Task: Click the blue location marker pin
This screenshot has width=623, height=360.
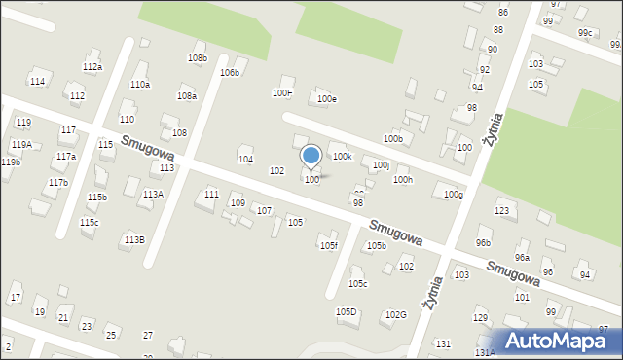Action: pos(311,156)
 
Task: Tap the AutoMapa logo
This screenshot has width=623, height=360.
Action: pos(559,341)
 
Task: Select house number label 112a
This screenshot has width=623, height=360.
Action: pos(92,67)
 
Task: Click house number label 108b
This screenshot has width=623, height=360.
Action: pos(198,58)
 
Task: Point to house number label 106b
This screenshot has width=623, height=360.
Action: pos(230,73)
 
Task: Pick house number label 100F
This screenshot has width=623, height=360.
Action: pos(282,93)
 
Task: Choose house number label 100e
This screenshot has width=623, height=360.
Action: pos(327,99)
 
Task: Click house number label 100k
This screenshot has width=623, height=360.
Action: pos(342,156)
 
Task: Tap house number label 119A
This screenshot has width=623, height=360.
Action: pos(21,144)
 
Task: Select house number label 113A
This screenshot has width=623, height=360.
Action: pos(153,195)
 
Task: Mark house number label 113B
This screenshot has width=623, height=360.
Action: pos(134,239)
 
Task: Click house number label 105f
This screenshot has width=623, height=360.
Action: pos(329,246)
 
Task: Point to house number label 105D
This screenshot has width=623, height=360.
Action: pos(347,312)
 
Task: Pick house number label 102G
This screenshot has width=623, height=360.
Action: pos(395,315)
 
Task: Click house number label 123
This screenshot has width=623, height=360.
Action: pos(502,211)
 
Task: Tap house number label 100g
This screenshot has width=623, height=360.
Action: pos(453,195)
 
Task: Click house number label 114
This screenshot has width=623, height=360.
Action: pos(37,81)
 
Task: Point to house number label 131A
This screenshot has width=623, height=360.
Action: pos(485,353)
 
